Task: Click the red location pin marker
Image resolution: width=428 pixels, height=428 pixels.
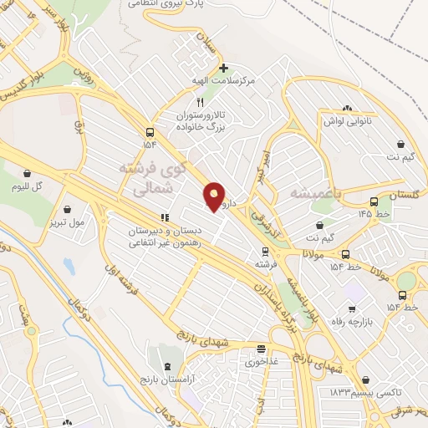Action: tap(215, 196)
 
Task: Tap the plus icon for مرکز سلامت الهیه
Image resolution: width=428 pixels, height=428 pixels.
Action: tap(223, 68)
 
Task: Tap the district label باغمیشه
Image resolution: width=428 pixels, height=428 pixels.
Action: tap(313, 193)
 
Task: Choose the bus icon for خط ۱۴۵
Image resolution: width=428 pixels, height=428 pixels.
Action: tap(373, 201)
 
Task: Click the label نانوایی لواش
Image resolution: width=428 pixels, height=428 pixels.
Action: tap(347, 120)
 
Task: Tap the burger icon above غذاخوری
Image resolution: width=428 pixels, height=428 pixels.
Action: tap(262, 349)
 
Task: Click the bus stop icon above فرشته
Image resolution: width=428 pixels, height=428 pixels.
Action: tap(265, 251)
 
